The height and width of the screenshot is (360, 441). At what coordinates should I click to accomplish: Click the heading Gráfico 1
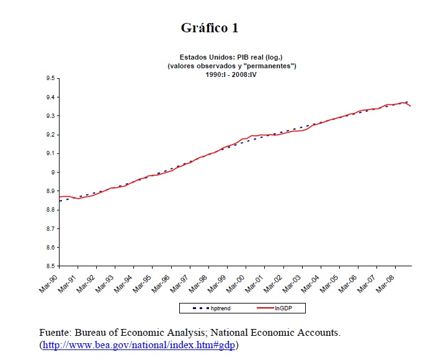click(x=209, y=28)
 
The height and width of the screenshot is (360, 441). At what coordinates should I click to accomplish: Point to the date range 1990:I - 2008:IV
click(x=231, y=74)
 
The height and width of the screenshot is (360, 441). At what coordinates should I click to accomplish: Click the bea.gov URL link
click(x=140, y=344)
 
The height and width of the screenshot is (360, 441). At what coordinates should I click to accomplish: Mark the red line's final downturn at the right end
click(x=409, y=106)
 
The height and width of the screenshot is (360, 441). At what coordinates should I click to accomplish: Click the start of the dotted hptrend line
click(x=60, y=200)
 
